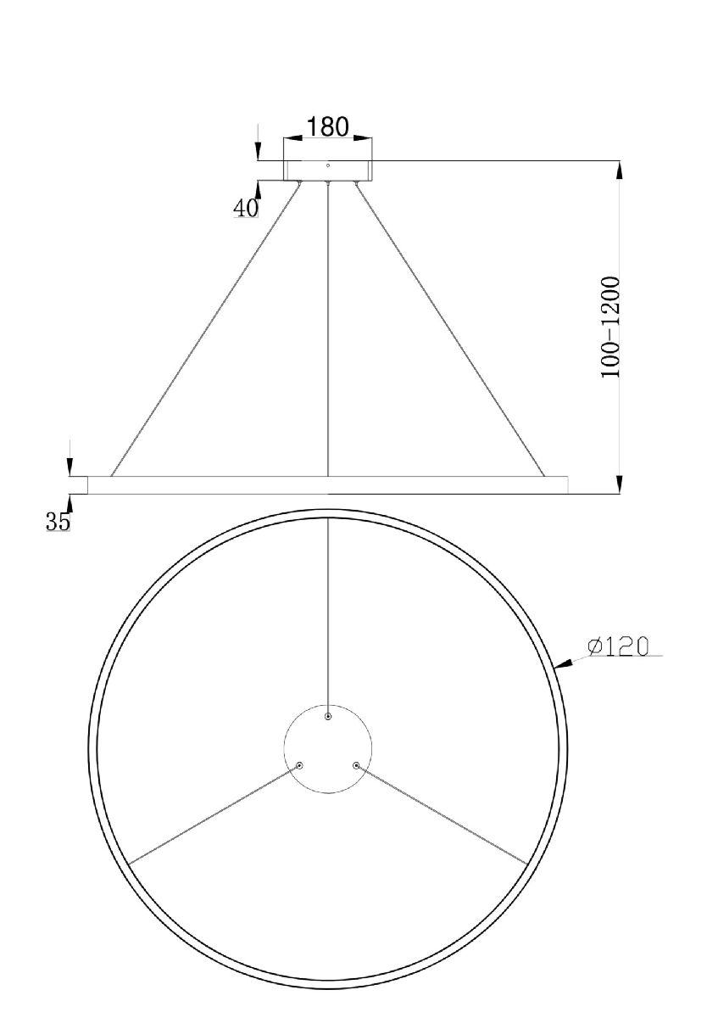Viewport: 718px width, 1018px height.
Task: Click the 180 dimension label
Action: click(327, 126)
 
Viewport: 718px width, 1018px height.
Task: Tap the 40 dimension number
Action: click(246, 207)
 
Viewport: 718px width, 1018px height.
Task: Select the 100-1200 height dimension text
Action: click(612, 327)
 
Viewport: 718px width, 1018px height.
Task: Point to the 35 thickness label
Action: click(58, 522)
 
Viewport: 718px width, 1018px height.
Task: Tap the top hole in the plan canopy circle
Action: click(329, 717)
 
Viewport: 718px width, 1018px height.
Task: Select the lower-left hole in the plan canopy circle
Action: click(299, 765)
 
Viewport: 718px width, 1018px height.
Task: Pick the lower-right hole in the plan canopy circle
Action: click(356, 765)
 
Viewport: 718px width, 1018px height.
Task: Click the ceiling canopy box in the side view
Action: click(328, 170)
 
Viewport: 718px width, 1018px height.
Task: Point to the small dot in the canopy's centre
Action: click(328, 165)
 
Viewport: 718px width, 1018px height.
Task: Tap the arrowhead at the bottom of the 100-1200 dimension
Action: click(621, 484)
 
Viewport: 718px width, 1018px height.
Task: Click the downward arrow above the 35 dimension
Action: click(70, 465)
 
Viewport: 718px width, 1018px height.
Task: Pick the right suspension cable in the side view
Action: click(449, 327)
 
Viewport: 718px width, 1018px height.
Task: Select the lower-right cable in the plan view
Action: click(441, 814)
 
